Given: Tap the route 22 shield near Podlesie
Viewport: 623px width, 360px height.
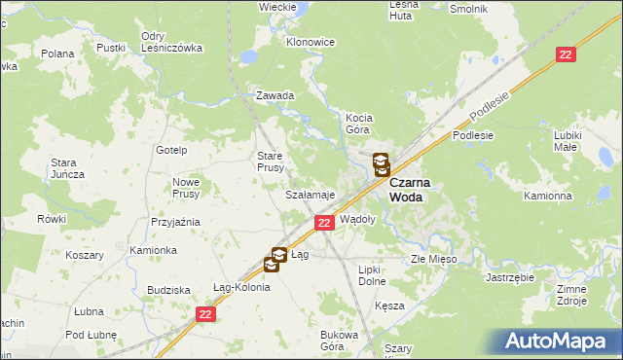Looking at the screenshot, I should pyautogui.click(x=565, y=55).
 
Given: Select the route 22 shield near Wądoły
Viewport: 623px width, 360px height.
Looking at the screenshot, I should pyautogui.click(x=324, y=224).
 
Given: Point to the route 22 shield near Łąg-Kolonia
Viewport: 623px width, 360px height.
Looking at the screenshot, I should pyautogui.click(x=204, y=314).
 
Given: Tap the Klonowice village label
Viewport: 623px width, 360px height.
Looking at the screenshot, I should pyautogui.click(x=311, y=43).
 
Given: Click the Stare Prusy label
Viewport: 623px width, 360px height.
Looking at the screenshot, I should pyautogui.click(x=270, y=162).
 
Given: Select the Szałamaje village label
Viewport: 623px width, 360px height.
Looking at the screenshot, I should pyautogui.click(x=310, y=195).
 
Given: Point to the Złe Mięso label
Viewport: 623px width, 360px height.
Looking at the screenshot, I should pyautogui.click(x=433, y=260).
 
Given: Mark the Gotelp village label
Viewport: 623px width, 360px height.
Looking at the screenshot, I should pyautogui.click(x=171, y=150).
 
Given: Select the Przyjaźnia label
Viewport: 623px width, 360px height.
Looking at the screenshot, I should pyautogui.click(x=175, y=222).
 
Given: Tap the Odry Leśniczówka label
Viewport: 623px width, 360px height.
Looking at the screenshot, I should pyautogui.click(x=170, y=42).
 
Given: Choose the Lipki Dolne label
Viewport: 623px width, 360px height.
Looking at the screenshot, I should pyautogui.click(x=373, y=274).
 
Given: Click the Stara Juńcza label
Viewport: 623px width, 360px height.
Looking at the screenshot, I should pyautogui.click(x=68, y=167).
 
